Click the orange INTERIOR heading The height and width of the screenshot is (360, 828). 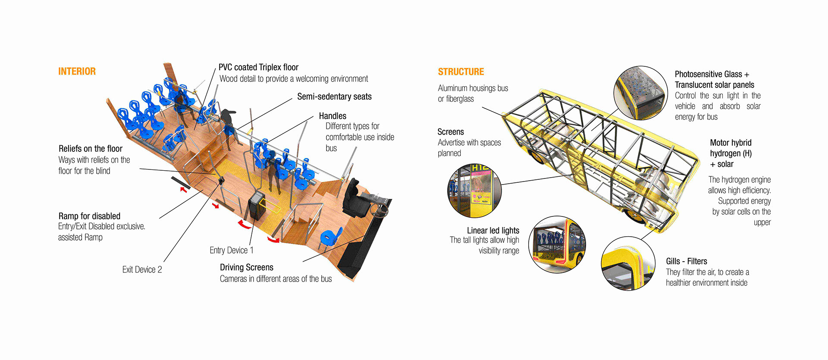77,72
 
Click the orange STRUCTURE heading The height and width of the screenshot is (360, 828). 461,72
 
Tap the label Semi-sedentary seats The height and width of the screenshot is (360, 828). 334,97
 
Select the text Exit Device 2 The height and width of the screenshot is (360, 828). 142,269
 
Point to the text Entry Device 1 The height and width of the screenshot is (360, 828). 231,250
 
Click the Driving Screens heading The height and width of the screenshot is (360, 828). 246,267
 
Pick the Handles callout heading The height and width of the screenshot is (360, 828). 332,116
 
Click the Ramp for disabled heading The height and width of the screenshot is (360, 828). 89,216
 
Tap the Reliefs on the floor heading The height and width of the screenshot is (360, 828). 91,149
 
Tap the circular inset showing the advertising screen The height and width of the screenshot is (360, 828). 474,190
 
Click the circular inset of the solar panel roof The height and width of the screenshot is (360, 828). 640,93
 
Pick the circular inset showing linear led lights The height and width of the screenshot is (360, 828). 557,244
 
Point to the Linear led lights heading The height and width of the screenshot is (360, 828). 492,230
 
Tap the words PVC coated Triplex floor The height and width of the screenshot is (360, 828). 258,67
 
